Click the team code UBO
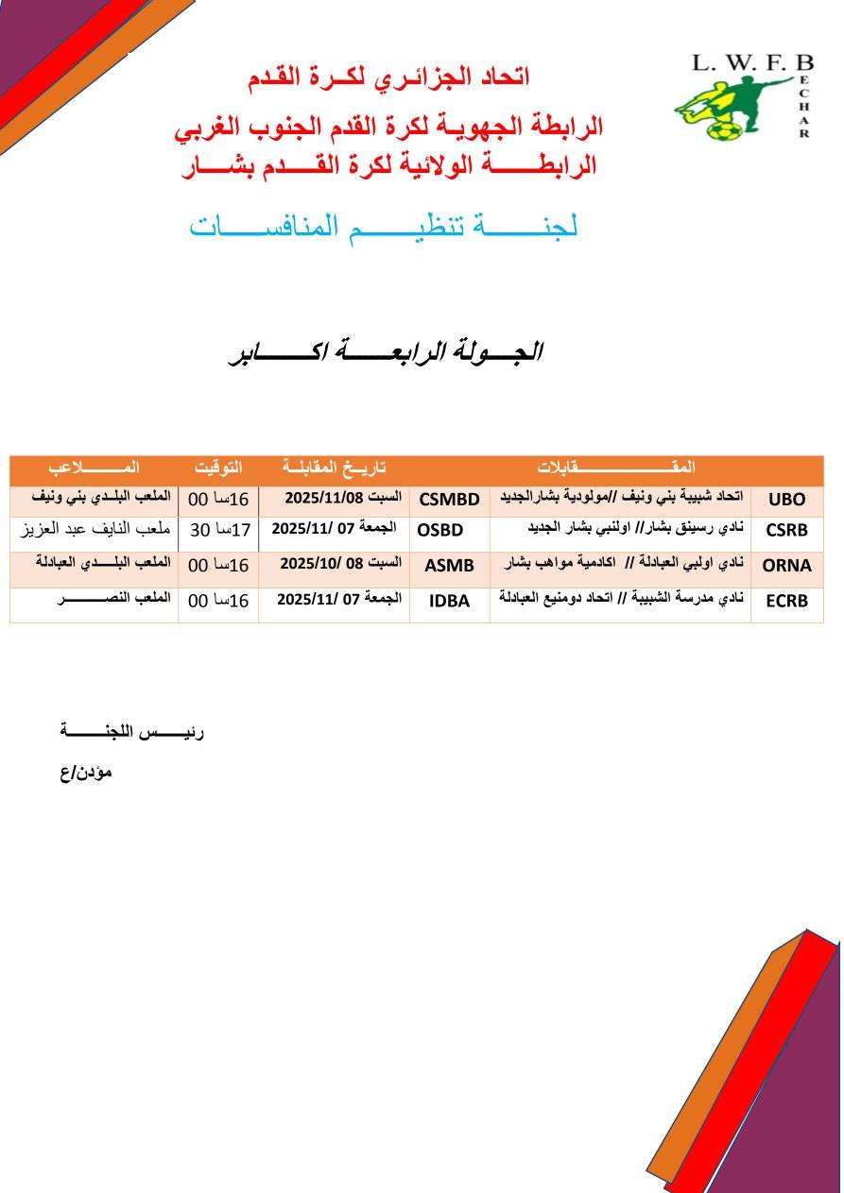(787, 500)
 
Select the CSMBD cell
(449, 500)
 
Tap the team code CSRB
(786, 530)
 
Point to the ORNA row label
(786, 566)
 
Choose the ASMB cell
(449, 566)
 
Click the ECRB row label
(786, 601)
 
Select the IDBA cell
(449, 601)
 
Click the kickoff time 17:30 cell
(219, 530)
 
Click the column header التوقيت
(218, 468)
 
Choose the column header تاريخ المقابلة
(335, 468)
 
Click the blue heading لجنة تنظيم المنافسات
(384, 227)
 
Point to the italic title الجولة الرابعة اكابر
(386, 352)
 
